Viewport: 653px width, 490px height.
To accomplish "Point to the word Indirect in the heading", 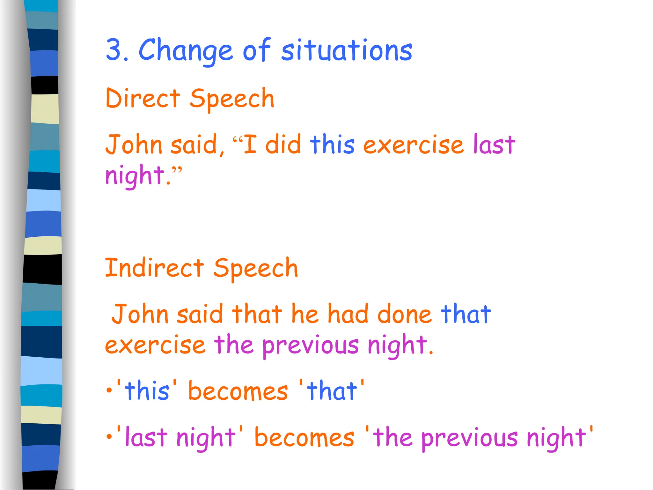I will pos(154,268).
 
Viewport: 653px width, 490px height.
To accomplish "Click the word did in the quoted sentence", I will pos(283,145).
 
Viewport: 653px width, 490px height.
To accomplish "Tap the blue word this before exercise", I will pos(332,145).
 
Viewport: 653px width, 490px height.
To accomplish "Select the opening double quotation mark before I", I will pos(238,140).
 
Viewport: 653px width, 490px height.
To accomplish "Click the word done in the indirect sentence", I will pos(404,315).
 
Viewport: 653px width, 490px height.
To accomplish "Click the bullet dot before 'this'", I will pos(109,390).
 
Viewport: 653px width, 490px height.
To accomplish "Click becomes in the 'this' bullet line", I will pos(238,391).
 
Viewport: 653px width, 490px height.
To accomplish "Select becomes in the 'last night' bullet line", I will pos(304,437).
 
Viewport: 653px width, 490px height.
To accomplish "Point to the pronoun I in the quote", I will pos(250,145).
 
